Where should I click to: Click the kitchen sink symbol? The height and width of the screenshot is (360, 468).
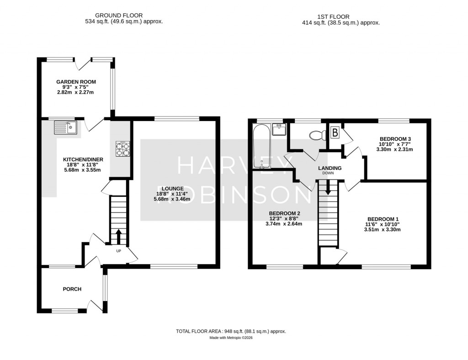pyautogui.click(x=66, y=127)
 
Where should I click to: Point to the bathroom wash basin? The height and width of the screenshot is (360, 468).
pyautogui.click(x=278, y=130)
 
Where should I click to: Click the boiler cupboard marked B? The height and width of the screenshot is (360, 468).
pyautogui.click(x=335, y=133)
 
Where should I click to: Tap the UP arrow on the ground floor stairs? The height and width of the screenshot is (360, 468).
pyautogui.click(x=118, y=237)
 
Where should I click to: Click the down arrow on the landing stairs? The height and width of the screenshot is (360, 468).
pyautogui.click(x=328, y=188)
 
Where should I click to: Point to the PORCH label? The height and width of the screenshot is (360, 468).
pyautogui.click(x=72, y=289)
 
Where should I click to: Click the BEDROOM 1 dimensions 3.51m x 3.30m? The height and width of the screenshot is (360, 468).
pyautogui.click(x=382, y=230)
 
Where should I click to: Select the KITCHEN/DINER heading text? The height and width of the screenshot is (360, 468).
pyautogui.click(x=83, y=159)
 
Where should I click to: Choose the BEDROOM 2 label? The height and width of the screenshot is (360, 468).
pyautogui.click(x=284, y=213)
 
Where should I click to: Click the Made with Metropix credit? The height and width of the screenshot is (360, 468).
pyautogui.click(x=231, y=338)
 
